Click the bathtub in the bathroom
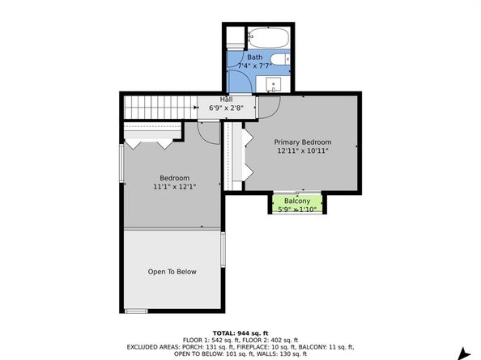[268, 38]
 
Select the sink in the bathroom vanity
[274, 84]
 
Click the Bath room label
[254, 57]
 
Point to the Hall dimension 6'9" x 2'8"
[227, 108]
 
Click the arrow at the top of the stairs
[196, 108]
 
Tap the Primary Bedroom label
[303, 142]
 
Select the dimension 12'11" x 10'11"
[303, 150]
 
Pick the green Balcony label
[297, 201]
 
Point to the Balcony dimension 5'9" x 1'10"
[297, 210]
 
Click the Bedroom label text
[175, 178]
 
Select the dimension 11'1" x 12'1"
[175, 187]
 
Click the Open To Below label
[172, 272]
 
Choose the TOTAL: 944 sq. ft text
[240, 333]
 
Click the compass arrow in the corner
[465, 354]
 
